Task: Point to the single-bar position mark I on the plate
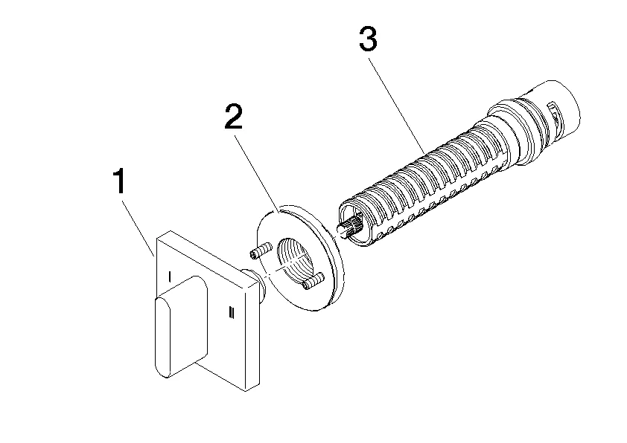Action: tap(170, 277)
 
